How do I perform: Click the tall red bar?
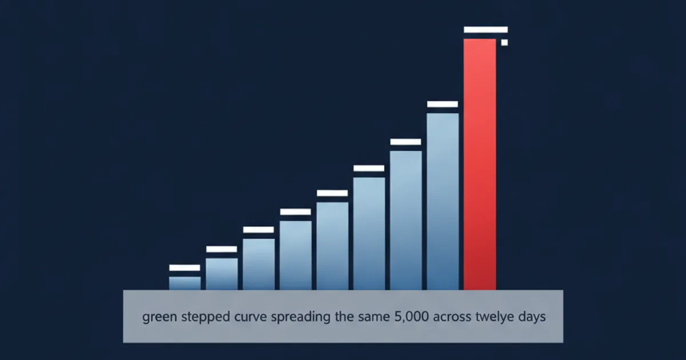coord(480,165)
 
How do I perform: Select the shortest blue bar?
coord(185,283)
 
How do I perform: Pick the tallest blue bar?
coord(442,201)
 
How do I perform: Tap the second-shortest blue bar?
coord(222,274)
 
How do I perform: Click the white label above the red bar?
coord(486,30)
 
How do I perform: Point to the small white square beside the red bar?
coord(504,42)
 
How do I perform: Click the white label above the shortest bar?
coord(185,268)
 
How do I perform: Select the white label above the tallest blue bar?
coord(442,104)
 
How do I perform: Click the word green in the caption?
coord(159,317)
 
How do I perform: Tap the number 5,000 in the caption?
coord(412,316)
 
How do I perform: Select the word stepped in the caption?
coord(205,317)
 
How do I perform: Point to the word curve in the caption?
coord(250,317)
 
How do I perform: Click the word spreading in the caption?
coord(301,317)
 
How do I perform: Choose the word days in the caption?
coord(532,317)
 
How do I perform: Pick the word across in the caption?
coord(452,317)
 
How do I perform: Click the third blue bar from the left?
coord(259,264)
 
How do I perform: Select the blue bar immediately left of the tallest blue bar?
coord(406,221)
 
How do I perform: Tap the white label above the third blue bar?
coord(258,230)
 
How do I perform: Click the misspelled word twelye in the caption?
coord(494,317)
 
